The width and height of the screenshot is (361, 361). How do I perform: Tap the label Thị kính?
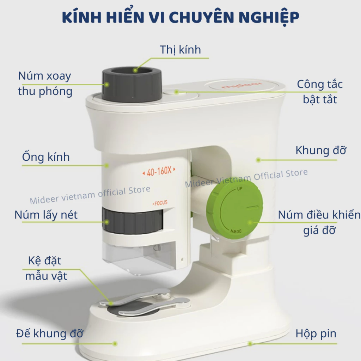[x=180, y=50]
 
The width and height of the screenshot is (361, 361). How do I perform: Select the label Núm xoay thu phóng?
[x=45, y=84]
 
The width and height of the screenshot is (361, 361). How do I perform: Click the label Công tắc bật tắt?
[x=320, y=92]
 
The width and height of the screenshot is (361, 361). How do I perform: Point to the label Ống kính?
[x=46, y=157]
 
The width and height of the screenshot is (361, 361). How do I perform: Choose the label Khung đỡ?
[x=321, y=151]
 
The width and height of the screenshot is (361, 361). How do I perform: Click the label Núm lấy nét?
[x=46, y=215]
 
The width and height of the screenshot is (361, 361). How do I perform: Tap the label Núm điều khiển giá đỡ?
[x=319, y=222]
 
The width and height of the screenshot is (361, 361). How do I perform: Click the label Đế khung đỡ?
[x=49, y=334]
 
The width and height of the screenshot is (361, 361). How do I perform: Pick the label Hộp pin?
[x=316, y=334]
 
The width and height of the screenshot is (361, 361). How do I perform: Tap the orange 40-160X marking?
[x=159, y=172]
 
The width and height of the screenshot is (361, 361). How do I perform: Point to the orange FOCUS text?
[x=160, y=203]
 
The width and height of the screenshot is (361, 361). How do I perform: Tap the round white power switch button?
[x=171, y=92]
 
